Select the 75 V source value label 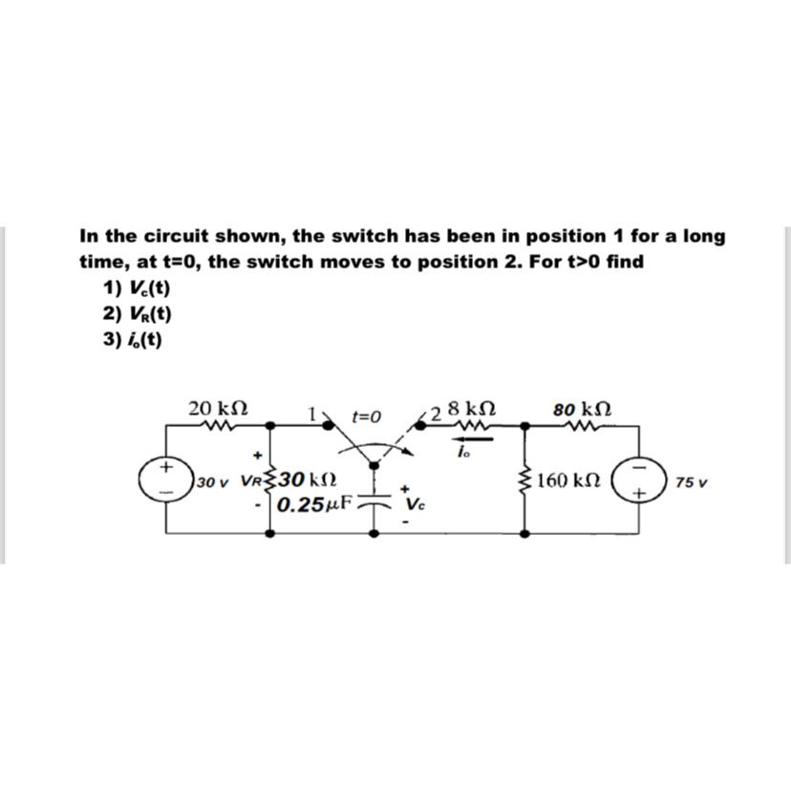(690, 482)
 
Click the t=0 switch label (366, 417)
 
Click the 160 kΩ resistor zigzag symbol (524, 481)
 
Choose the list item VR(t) (138, 312)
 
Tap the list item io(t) (135, 338)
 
